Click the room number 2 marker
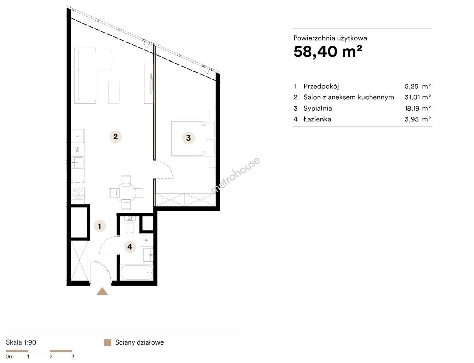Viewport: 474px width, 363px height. (116, 137)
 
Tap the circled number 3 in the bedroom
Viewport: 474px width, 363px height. (188, 138)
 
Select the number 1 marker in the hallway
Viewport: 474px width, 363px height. (99, 226)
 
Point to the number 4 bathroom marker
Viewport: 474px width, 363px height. (130, 247)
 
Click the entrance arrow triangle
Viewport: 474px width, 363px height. (102, 291)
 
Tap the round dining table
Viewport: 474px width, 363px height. (126, 193)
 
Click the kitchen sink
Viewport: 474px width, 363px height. (78, 162)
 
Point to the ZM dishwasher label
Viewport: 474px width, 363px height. (78, 149)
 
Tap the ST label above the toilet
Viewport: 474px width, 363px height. (130, 218)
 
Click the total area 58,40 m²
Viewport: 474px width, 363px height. (328, 52)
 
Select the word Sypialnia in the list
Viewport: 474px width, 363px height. (317, 108)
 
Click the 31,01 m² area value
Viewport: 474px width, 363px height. (418, 97)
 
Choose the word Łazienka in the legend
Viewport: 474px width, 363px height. (317, 119)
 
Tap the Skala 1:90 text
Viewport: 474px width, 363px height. (21, 342)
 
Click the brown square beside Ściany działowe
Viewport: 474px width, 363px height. (107, 342)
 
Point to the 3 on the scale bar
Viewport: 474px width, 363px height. (73, 357)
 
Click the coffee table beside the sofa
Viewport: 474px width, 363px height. (114, 92)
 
